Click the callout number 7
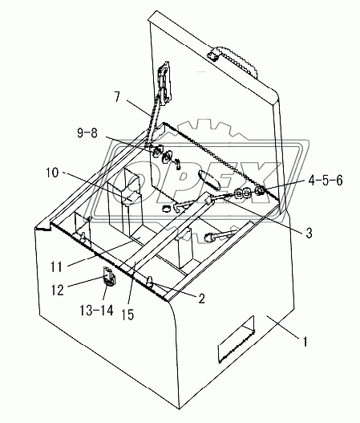118,98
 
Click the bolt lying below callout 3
216,236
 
